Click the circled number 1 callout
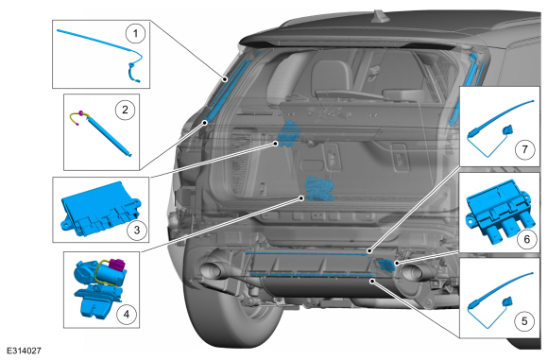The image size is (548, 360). point(135,34)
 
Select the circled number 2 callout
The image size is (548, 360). point(125,110)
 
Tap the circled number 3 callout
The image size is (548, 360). point(136,230)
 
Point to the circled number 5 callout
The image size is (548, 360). point(524,320)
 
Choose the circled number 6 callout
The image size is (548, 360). point(526,239)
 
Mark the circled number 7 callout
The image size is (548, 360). point(524,149)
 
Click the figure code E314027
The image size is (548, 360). point(24,351)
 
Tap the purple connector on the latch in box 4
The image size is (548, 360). point(117,266)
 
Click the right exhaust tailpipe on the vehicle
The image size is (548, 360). point(416,271)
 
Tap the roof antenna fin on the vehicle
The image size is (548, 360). point(379,16)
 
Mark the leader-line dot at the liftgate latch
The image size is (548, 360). point(301,198)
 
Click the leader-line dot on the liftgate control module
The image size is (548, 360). point(276,144)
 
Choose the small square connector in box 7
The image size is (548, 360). point(507,130)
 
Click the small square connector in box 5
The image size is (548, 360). point(507,301)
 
